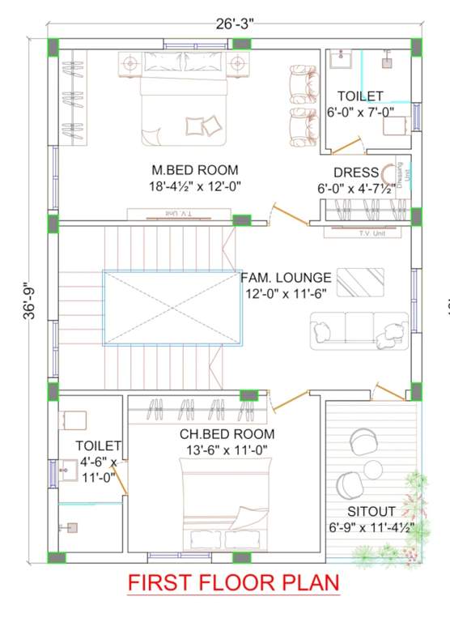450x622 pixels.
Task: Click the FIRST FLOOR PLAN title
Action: pyautogui.click(x=233, y=583)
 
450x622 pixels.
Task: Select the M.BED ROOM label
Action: pyautogui.click(x=195, y=170)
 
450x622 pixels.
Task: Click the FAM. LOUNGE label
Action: pyautogui.click(x=286, y=277)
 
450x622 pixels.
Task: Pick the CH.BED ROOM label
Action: pyautogui.click(x=227, y=434)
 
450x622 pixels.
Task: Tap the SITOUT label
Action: pyautogui.click(x=371, y=511)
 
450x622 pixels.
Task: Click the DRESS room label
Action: pyautogui.click(x=356, y=173)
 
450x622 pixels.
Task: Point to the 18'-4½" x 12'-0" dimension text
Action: pyautogui.click(x=195, y=186)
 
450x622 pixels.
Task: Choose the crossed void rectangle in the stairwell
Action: pyautogui.click(x=173, y=308)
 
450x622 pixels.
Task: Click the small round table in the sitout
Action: pyautogui.click(x=373, y=469)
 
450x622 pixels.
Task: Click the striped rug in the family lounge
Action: pyautogui.click(x=360, y=282)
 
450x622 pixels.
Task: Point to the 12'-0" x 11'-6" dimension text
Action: pyautogui.click(x=287, y=293)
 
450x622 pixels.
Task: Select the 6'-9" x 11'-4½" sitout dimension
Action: pyautogui.click(x=371, y=527)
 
